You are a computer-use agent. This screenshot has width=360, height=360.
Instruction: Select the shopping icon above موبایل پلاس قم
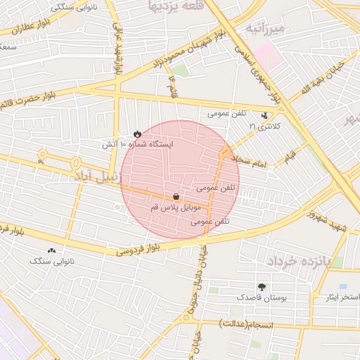175,196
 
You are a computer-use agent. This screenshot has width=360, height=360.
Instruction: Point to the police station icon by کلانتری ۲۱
265,115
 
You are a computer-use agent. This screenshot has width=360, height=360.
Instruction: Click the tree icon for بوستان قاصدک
262,287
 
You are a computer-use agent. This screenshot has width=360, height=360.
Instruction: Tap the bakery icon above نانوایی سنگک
51,250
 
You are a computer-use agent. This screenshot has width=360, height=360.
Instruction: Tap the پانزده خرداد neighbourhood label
304,261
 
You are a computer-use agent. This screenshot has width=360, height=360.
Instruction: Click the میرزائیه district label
264,30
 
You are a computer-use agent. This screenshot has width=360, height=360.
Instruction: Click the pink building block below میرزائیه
266,53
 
